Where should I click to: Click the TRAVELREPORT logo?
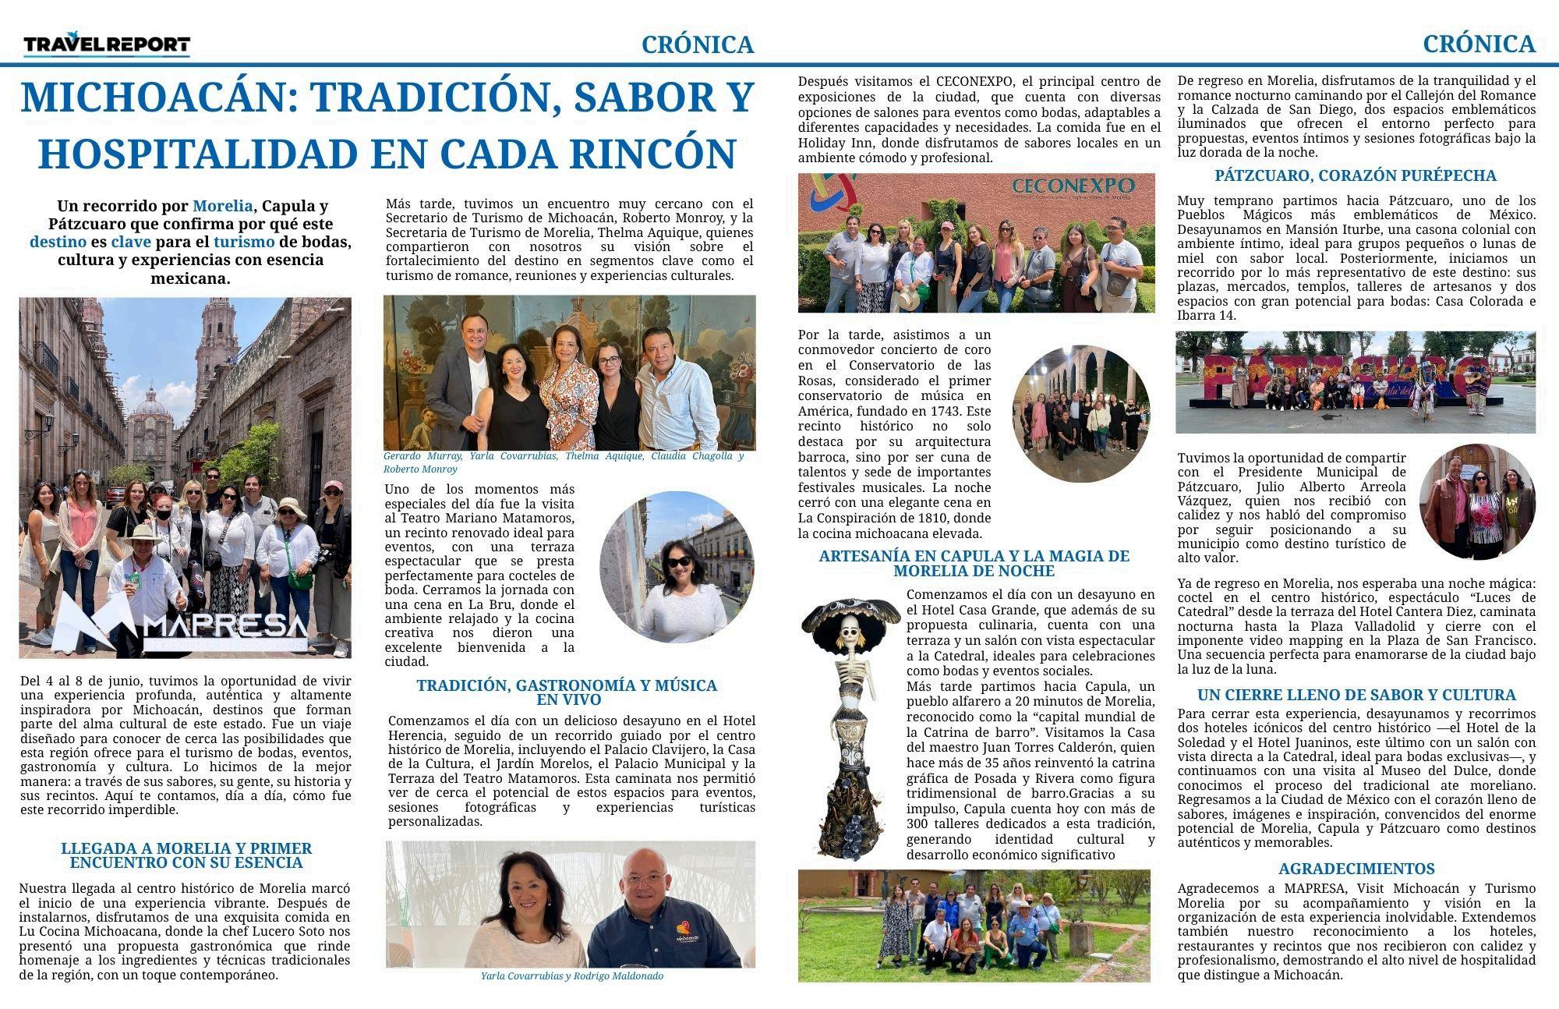[x=107, y=45]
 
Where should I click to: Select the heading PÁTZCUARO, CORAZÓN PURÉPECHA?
[x=1355, y=176]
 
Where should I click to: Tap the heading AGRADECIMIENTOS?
[x=1356, y=869]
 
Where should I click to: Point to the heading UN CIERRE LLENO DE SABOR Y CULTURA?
[x=1356, y=695]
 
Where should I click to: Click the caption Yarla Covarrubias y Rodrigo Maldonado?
[x=571, y=976]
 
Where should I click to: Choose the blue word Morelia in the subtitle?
[x=222, y=207]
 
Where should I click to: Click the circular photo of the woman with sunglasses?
[x=677, y=567]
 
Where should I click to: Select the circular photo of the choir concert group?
[x=1080, y=414]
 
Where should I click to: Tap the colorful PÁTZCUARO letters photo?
[x=1355, y=382]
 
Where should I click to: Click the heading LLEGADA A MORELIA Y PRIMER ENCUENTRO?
[x=186, y=855]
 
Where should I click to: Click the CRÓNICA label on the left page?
[x=698, y=45]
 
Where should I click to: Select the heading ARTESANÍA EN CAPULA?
[x=974, y=563]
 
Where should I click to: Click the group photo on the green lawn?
[x=974, y=925]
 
